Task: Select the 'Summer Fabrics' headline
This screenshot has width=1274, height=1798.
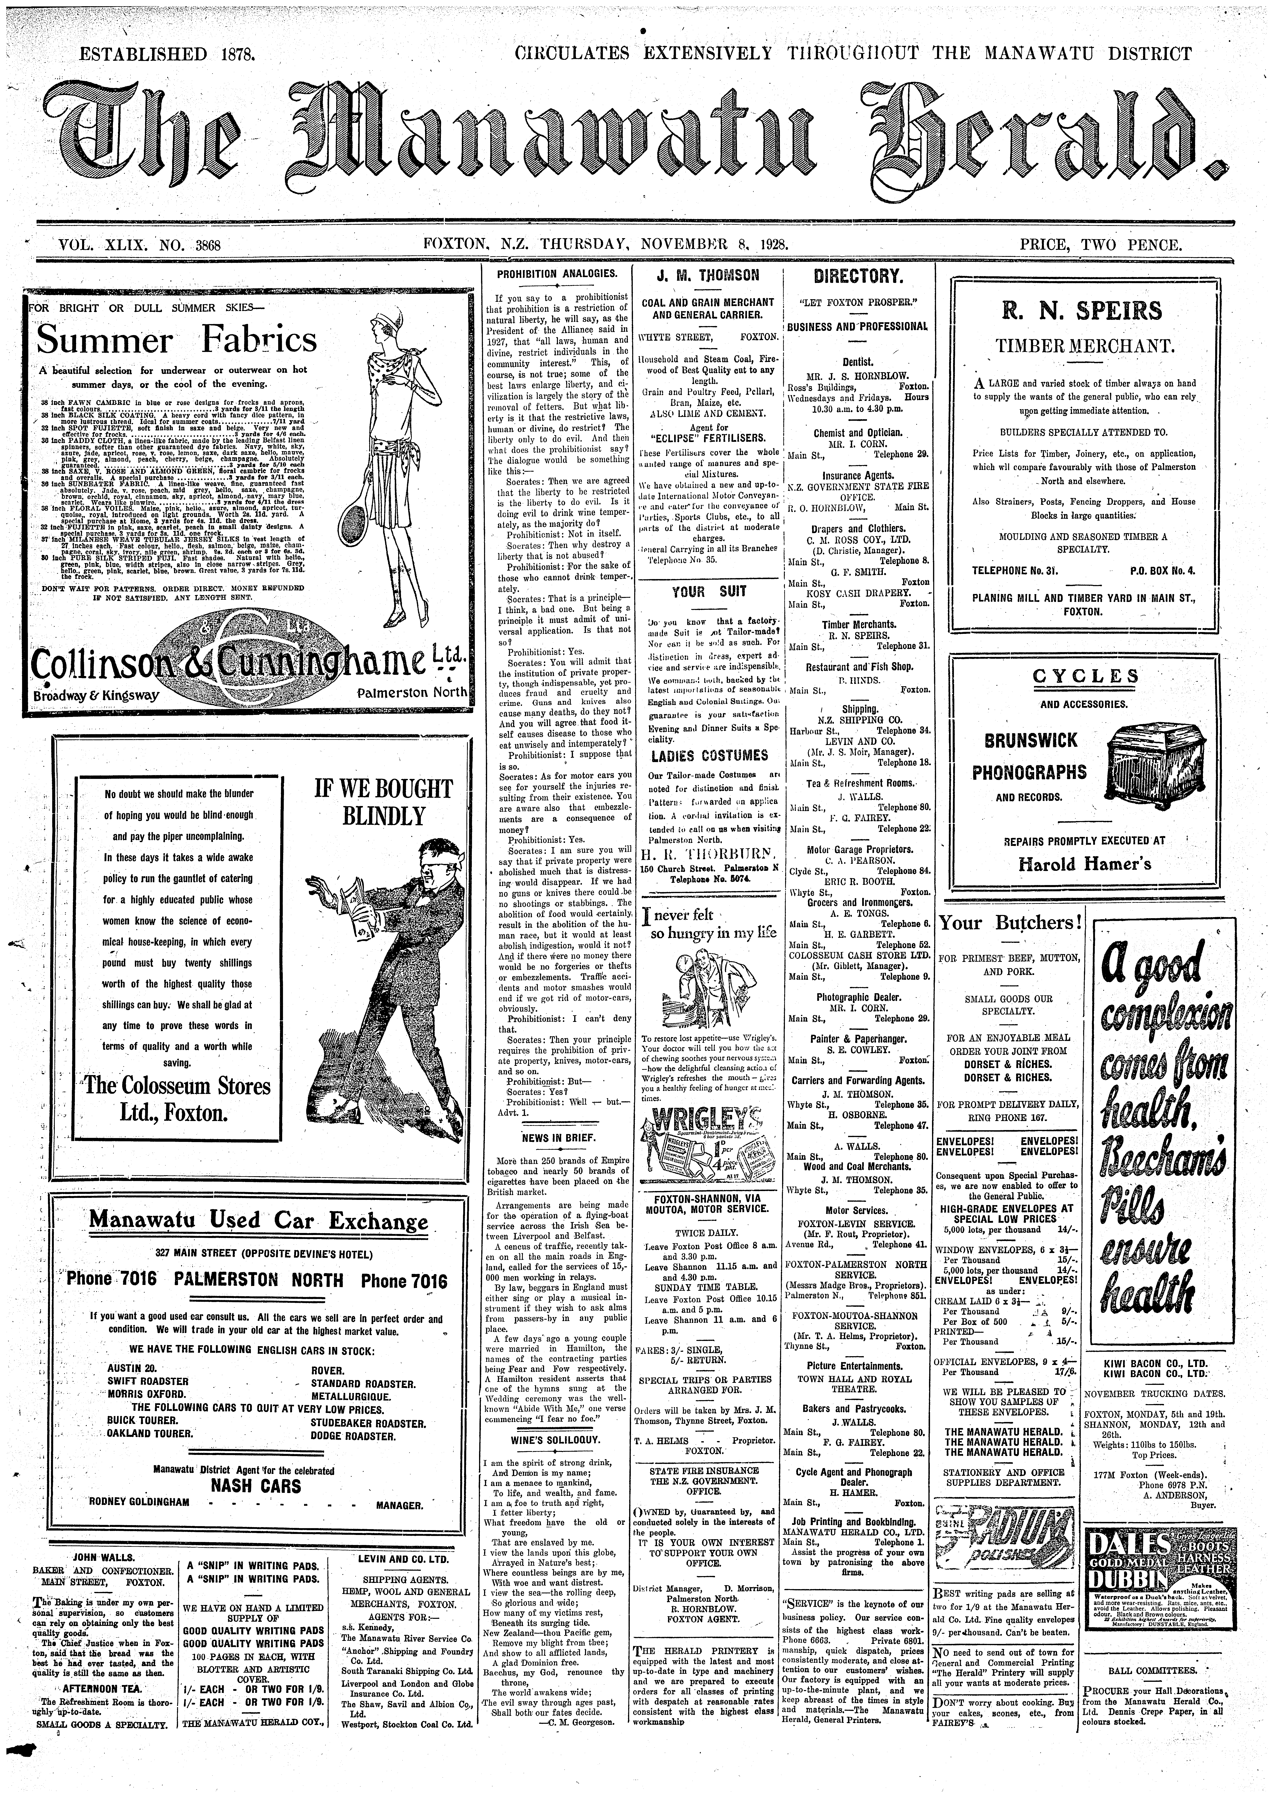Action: click(177, 340)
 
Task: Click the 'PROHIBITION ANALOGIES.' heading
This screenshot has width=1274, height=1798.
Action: click(557, 274)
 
